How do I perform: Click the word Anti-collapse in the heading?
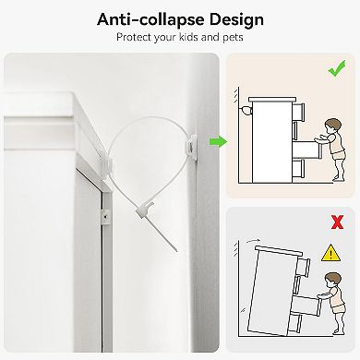pos(150,20)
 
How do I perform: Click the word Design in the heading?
pos(236,20)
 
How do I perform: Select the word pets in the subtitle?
pos(233,38)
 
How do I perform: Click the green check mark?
pos(337,68)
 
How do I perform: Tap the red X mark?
pos(337,222)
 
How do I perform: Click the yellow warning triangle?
pos(330,253)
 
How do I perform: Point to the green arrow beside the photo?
pos(218,142)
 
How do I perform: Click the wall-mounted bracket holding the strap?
pos(192,146)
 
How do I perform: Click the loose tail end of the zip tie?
pos(175,249)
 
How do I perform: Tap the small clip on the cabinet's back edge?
pos(104,217)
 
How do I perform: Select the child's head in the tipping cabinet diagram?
pos(333,280)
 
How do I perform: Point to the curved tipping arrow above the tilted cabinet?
pos(253,241)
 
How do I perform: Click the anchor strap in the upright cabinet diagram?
pos(246,110)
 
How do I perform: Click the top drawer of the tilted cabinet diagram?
pos(303,266)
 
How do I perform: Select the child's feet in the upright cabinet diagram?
pos(338,179)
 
